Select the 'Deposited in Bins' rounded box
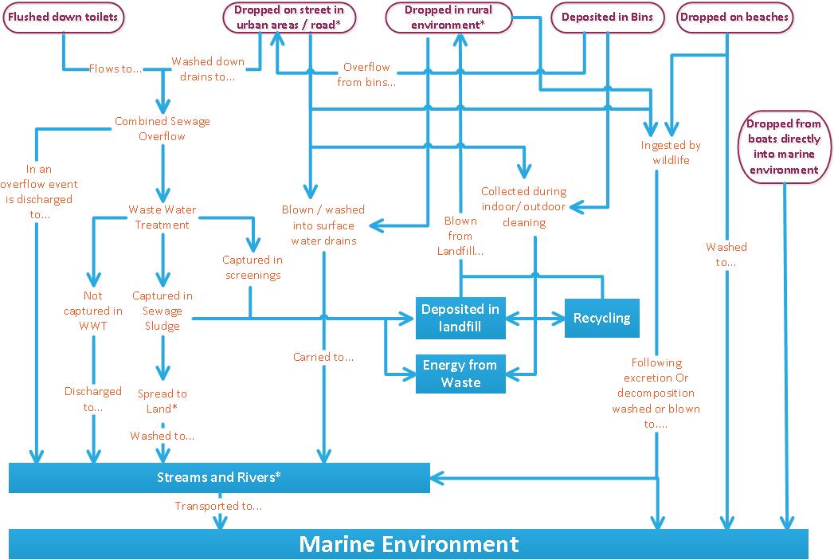[608, 18]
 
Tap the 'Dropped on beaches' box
[734, 18]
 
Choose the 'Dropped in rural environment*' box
[448, 18]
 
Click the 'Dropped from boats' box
[784, 147]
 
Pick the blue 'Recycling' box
[601, 318]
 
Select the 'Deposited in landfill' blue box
[460, 318]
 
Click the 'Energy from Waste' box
[460, 374]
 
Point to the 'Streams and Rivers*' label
[219, 477]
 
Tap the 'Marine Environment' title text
[409, 544]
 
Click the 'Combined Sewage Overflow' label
[162, 129]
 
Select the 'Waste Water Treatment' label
[162, 217]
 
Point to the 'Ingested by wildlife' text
[671, 153]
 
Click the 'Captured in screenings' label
[252, 268]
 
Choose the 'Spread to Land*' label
[162, 401]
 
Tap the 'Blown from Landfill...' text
[460, 236]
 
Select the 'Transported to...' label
[219, 506]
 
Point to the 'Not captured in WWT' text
[93, 311]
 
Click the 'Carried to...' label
[323, 357]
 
